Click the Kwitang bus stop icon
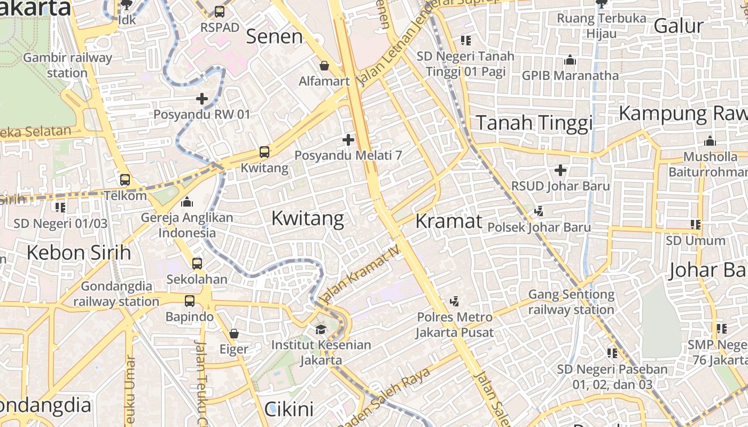[x=264, y=152]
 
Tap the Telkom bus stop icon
[x=125, y=180]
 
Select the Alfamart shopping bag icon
[x=324, y=66]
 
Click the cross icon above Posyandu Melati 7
[x=348, y=140]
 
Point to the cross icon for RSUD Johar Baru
[x=560, y=170]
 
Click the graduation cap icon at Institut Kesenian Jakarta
[x=321, y=329]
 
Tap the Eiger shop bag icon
[x=233, y=334]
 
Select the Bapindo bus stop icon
[x=190, y=301]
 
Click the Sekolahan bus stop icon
[x=197, y=263]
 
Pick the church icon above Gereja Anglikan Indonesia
[x=187, y=202]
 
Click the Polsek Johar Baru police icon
[x=539, y=211]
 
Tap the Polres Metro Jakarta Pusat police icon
[x=455, y=302]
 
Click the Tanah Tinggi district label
[x=534, y=123]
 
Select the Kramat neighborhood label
[x=449, y=220]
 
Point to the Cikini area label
[x=289, y=409]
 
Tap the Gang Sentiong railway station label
[x=571, y=302]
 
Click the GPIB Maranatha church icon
[x=570, y=60]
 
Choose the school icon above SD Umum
[x=695, y=225]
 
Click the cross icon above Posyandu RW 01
[x=202, y=99]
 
